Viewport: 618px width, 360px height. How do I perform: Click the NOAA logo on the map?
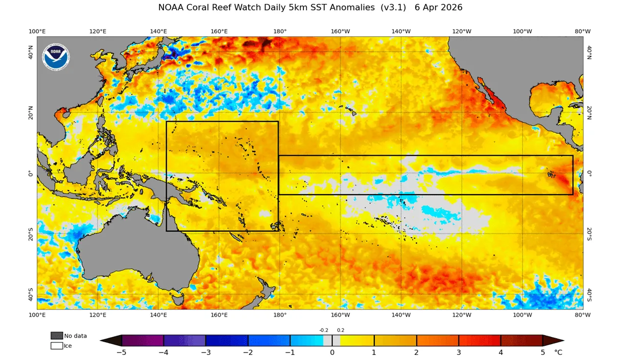(56, 57)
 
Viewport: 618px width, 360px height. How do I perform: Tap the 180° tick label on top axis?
(280, 31)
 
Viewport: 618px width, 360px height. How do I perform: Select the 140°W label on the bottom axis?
(401, 315)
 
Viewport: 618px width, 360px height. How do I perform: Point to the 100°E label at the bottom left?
(37, 315)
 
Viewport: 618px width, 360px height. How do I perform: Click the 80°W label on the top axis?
(582, 31)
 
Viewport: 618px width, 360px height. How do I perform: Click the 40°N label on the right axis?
(589, 53)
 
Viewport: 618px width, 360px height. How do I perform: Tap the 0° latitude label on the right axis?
(589, 174)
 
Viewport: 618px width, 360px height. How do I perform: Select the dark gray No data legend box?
(56, 335)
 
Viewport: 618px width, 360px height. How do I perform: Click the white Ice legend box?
(56, 346)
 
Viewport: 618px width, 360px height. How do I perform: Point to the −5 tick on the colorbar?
(122, 352)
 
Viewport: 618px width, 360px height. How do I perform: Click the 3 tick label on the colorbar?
(459, 352)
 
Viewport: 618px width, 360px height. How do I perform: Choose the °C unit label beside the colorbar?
(558, 352)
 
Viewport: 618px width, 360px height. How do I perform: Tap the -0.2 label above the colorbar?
(324, 330)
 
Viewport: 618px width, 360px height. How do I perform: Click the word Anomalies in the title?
(352, 8)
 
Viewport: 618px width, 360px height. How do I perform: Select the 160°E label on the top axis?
(219, 31)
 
